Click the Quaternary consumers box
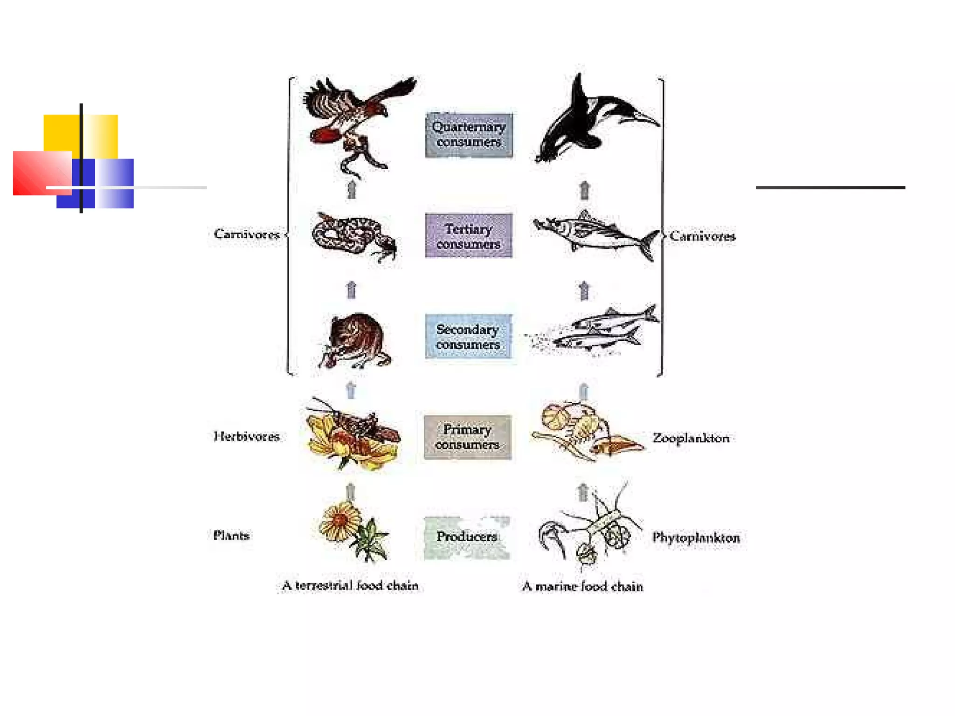pos(469,135)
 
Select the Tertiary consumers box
pos(469,236)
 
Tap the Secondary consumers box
pos(468,337)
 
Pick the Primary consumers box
pos(467,437)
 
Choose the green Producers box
pos(467,537)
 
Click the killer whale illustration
pos(592,121)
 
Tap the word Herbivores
pos(246,437)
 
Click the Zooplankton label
pos(691,438)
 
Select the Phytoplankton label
pos(696,538)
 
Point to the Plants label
pos(231,536)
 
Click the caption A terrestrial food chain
pos(350,586)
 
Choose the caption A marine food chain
pos(582,586)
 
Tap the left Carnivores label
pos(247,234)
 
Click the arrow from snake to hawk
pos(352,190)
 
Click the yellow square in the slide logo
pos(61,133)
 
